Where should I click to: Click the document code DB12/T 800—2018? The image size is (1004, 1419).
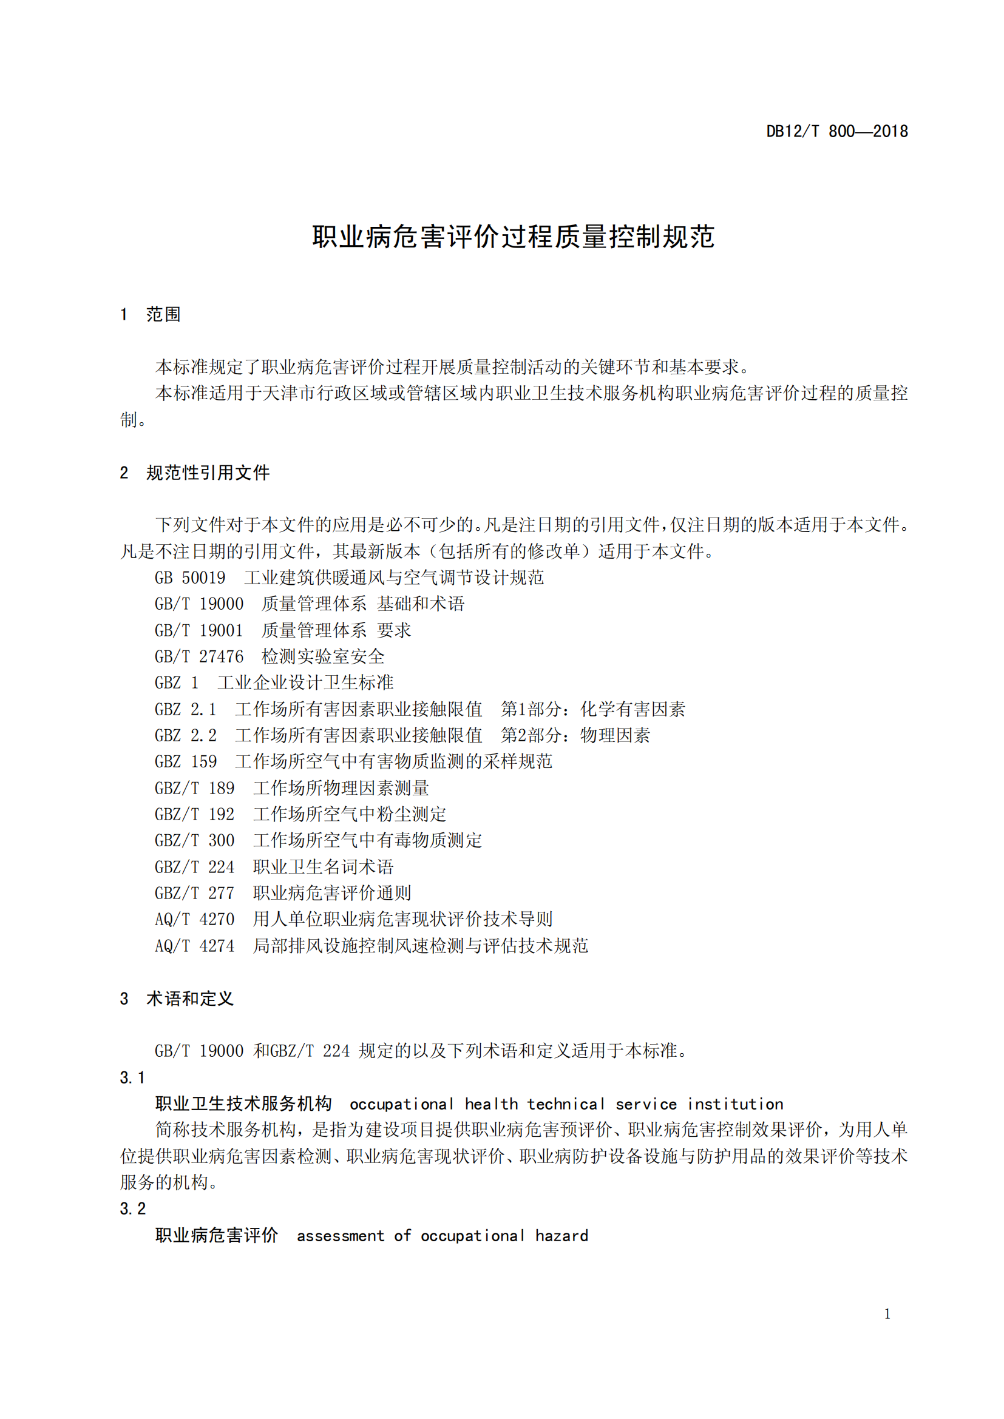point(836,132)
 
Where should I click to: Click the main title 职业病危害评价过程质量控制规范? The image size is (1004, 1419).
point(513,237)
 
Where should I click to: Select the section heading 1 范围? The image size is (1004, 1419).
point(150,315)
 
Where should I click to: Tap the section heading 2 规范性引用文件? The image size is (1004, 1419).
point(195,473)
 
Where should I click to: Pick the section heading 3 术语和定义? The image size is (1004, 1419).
point(176,999)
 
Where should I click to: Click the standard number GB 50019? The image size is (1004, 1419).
point(190,578)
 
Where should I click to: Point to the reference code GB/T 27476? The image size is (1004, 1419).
point(198,656)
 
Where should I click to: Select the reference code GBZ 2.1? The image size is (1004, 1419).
point(186,710)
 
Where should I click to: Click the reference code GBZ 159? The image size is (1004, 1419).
point(186,762)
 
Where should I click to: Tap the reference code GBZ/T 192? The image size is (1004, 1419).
point(194,815)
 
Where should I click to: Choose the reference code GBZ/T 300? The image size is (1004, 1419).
point(194,840)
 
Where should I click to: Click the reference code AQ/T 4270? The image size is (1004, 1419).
point(194,920)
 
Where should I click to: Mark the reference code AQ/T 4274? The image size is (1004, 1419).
point(194,946)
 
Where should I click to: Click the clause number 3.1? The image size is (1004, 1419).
point(132,1078)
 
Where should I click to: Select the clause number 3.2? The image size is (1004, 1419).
point(132,1209)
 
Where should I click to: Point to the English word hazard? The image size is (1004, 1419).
point(561,1236)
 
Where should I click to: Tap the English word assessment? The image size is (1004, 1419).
point(340,1236)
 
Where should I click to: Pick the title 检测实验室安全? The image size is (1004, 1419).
point(323,656)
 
